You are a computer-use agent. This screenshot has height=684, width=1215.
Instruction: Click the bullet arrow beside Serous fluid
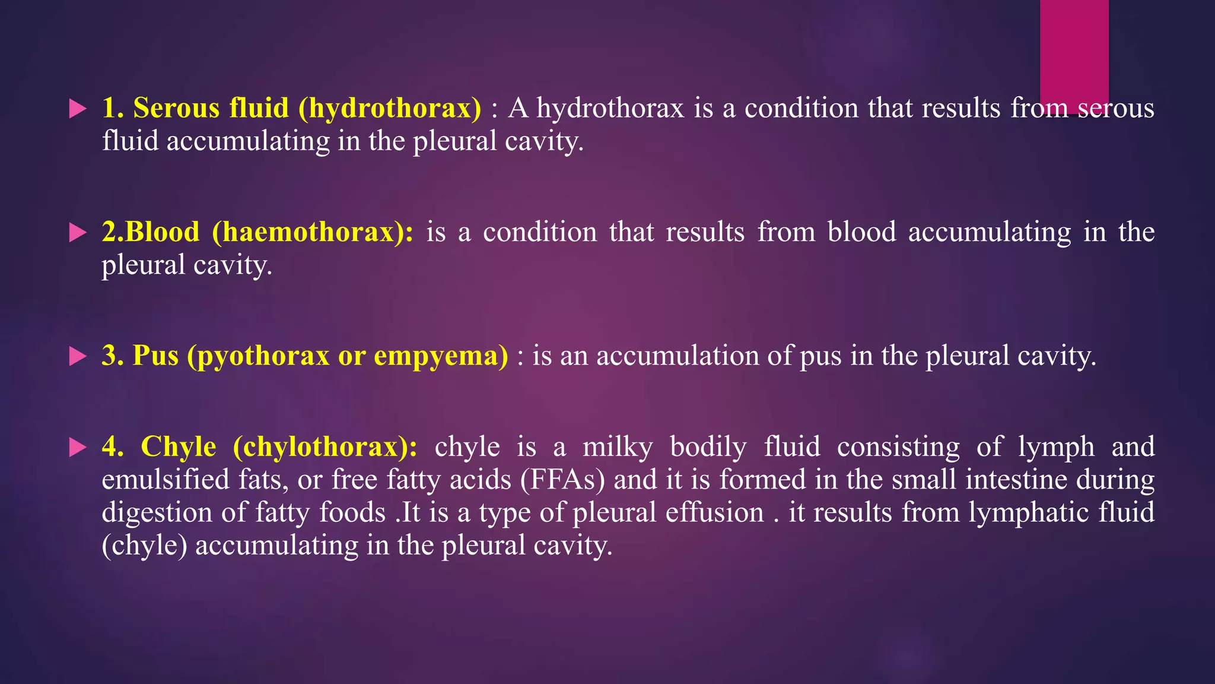(x=78, y=109)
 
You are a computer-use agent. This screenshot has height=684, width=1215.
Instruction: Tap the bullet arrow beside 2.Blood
(x=78, y=232)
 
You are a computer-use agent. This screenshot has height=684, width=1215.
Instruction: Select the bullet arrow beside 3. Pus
(x=78, y=356)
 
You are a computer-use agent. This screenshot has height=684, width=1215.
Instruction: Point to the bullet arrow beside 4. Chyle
(x=78, y=447)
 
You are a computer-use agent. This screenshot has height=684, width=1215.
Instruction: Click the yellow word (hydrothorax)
(x=390, y=109)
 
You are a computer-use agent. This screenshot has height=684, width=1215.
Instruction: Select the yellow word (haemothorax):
(x=313, y=232)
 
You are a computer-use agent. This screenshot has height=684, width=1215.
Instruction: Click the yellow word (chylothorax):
(x=325, y=447)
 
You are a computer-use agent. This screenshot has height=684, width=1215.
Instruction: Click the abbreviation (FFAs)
(x=562, y=480)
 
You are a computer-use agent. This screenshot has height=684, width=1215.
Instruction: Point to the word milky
(x=618, y=447)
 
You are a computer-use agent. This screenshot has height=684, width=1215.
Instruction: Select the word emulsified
(x=166, y=480)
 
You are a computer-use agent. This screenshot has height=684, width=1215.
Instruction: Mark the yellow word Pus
(x=155, y=356)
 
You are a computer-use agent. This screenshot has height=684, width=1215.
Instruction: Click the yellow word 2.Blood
(x=151, y=232)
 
